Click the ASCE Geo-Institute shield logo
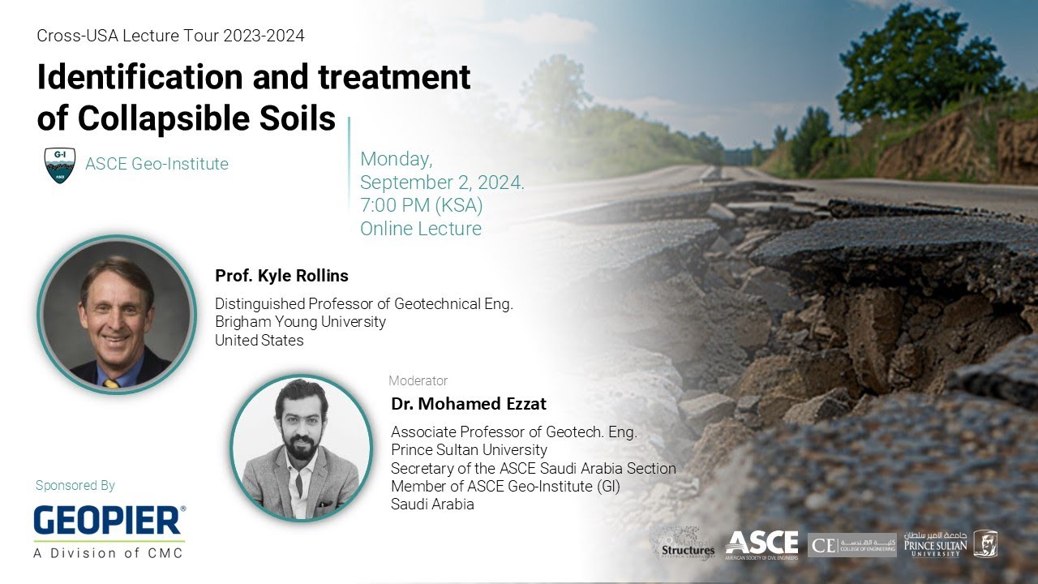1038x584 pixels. (x=59, y=165)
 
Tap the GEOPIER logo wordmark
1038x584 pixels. (x=109, y=521)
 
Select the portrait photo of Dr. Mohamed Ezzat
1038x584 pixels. (x=301, y=447)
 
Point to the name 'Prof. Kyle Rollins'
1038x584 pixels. (x=281, y=276)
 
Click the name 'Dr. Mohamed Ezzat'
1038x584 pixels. (x=469, y=403)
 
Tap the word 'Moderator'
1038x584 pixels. (x=418, y=380)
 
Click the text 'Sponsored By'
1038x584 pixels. (x=75, y=486)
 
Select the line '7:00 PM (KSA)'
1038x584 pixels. (x=422, y=205)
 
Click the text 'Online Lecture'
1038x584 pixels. (x=421, y=229)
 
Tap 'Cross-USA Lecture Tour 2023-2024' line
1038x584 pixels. (x=171, y=36)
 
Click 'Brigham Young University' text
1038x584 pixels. (x=300, y=322)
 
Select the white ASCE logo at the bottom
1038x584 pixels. (x=761, y=544)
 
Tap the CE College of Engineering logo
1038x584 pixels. (x=851, y=544)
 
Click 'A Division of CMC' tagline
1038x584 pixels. (x=108, y=553)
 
